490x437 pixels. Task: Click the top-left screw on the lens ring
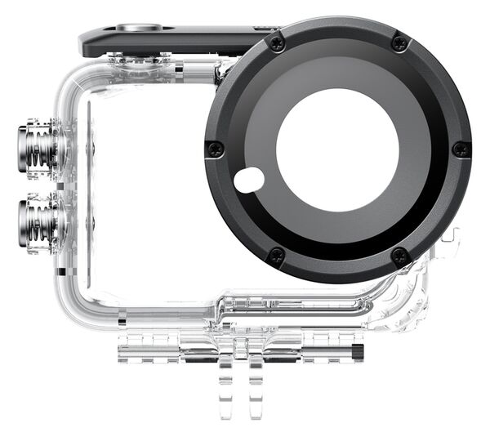(278, 43)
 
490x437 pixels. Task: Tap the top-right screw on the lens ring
(399, 42)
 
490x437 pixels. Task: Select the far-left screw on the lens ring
(214, 149)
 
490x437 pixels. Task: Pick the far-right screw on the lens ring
(461, 149)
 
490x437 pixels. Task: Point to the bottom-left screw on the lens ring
(277, 256)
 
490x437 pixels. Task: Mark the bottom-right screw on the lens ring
(399, 256)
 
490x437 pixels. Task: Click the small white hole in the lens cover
(249, 180)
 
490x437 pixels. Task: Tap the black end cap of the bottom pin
(358, 353)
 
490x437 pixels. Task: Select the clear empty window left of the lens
(147, 188)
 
